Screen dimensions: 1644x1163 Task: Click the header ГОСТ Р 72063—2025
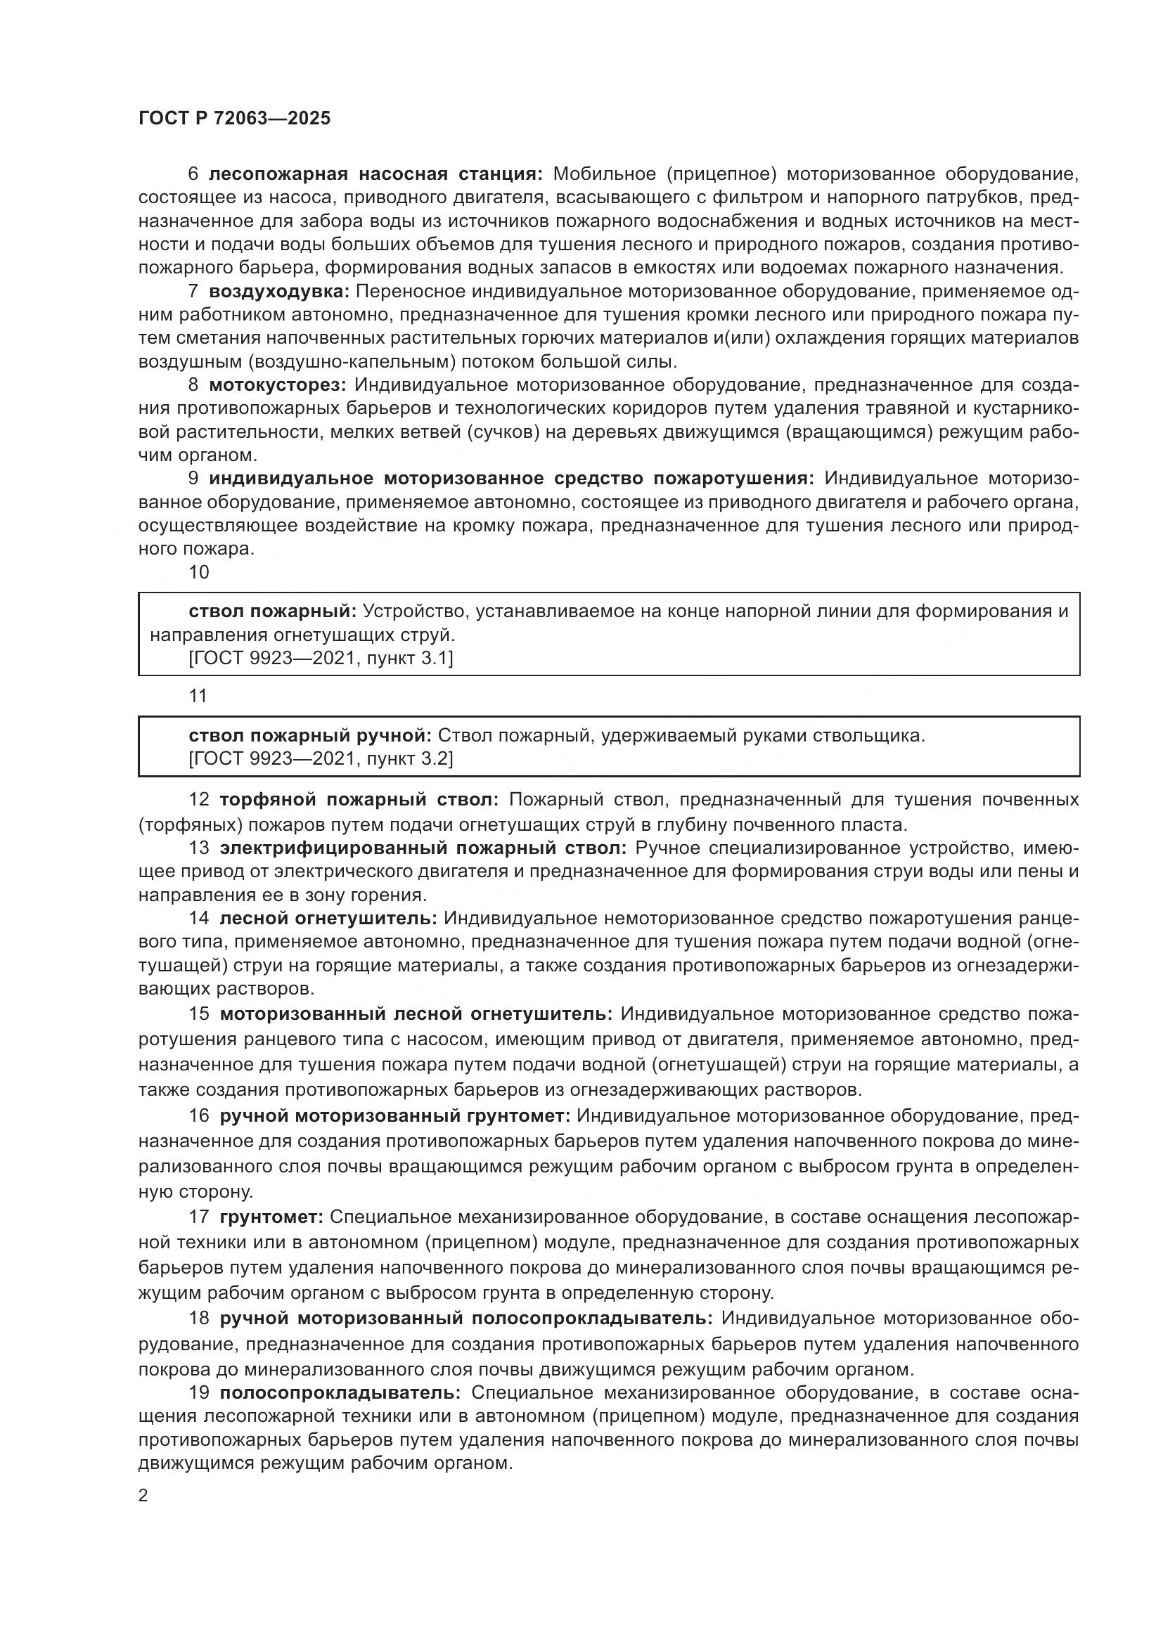point(234,119)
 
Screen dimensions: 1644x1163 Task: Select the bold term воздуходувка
point(278,292)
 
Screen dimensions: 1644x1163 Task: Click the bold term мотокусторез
point(277,385)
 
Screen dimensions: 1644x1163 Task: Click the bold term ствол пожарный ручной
point(309,735)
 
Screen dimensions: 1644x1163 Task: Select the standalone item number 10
point(198,572)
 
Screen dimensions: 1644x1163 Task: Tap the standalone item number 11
point(198,696)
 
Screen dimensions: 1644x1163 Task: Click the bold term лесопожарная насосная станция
point(376,174)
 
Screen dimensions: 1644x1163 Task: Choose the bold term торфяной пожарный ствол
point(359,799)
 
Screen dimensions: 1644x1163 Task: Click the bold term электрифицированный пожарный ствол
point(423,848)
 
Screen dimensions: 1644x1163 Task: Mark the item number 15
point(198,1014)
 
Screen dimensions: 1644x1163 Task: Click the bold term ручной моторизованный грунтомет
point(394,1115)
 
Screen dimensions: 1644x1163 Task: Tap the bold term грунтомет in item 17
point(271,1217)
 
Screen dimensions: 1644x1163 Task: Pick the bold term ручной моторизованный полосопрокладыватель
point(465,1319)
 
